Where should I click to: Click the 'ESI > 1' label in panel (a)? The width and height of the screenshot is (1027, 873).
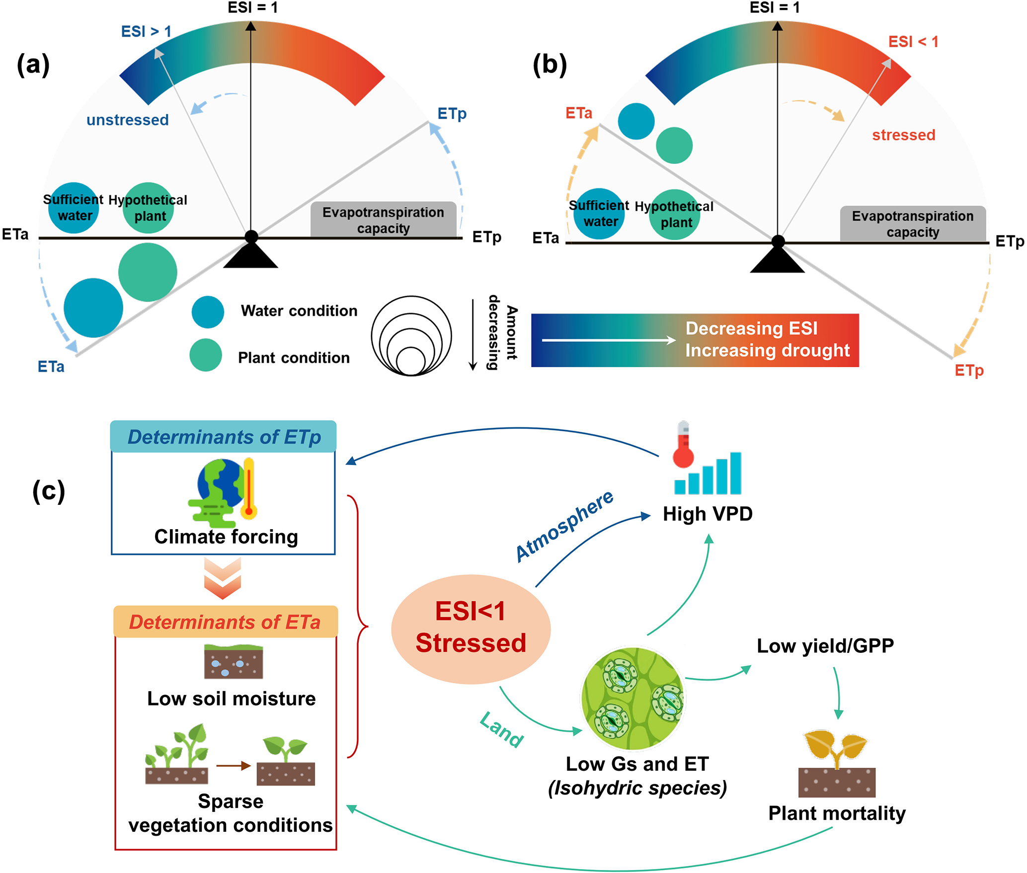146,32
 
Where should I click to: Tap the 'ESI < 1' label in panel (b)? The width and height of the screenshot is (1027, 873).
913,42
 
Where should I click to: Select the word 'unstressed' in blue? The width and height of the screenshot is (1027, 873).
128,120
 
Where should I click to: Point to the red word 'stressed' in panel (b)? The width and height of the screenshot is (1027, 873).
903,135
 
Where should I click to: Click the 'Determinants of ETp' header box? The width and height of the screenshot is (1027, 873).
224,437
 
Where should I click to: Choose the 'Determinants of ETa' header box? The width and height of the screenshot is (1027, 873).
225,622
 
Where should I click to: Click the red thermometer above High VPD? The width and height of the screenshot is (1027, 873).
683,445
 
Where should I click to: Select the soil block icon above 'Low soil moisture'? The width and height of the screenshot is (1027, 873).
233,661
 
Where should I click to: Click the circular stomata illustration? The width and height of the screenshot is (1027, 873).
633,698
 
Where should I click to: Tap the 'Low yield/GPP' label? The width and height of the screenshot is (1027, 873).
825,645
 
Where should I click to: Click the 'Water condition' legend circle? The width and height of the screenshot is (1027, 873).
208,312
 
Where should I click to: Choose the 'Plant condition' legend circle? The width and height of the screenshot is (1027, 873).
206,355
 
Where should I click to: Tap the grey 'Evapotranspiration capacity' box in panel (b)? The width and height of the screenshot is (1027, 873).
912,224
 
